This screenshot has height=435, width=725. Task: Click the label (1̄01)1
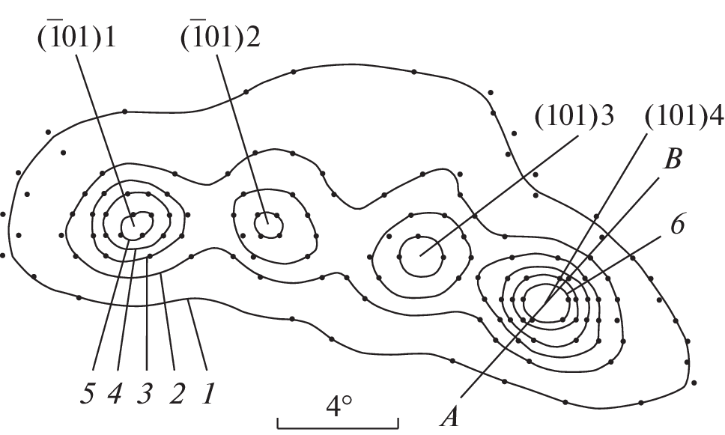point(76,37)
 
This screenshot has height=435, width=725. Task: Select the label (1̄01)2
point(220,37)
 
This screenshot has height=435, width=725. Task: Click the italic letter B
point(673,159)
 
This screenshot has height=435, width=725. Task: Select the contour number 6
point(677,225)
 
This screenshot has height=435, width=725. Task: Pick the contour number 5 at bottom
point(88,394)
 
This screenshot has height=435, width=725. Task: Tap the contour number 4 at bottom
point(115,394)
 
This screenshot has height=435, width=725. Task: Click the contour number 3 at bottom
point(145,394)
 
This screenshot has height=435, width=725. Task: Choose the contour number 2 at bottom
point(177,394)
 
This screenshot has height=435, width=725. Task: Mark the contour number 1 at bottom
point(208,394)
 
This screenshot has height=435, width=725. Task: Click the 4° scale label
point(339,407)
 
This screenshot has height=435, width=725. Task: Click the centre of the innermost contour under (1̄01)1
point(136,226)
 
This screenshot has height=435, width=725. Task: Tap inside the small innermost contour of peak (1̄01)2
point(269,225)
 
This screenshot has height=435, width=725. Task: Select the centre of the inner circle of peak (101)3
point(421,256)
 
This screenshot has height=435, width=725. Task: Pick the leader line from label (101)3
point(499,195)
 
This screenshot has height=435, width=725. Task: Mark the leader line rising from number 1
point(198,335)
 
